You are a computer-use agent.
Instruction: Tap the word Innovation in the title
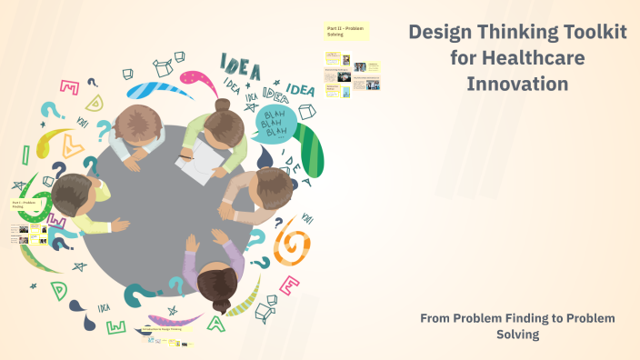(x=517, y=84)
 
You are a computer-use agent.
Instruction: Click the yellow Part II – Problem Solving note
(x=345, y=32)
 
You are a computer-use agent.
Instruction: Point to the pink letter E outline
(x=289, y=285)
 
